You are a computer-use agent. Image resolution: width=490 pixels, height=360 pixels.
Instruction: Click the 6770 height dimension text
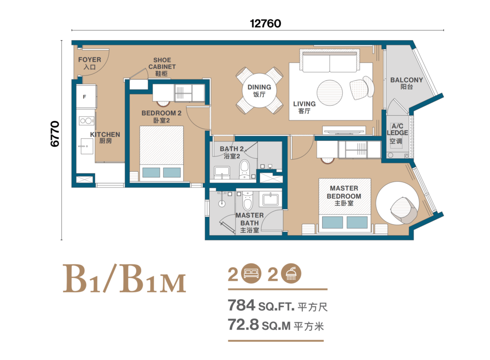(x=55, y=133)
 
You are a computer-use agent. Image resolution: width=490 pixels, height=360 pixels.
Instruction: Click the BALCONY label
(x=406, y=80)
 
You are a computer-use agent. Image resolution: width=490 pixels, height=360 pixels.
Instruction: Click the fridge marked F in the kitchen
(x=85, y=97)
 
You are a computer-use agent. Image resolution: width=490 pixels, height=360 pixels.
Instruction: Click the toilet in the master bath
(x=247, y=202)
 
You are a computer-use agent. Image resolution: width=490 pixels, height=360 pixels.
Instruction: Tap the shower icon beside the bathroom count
(x=290, y=274)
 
